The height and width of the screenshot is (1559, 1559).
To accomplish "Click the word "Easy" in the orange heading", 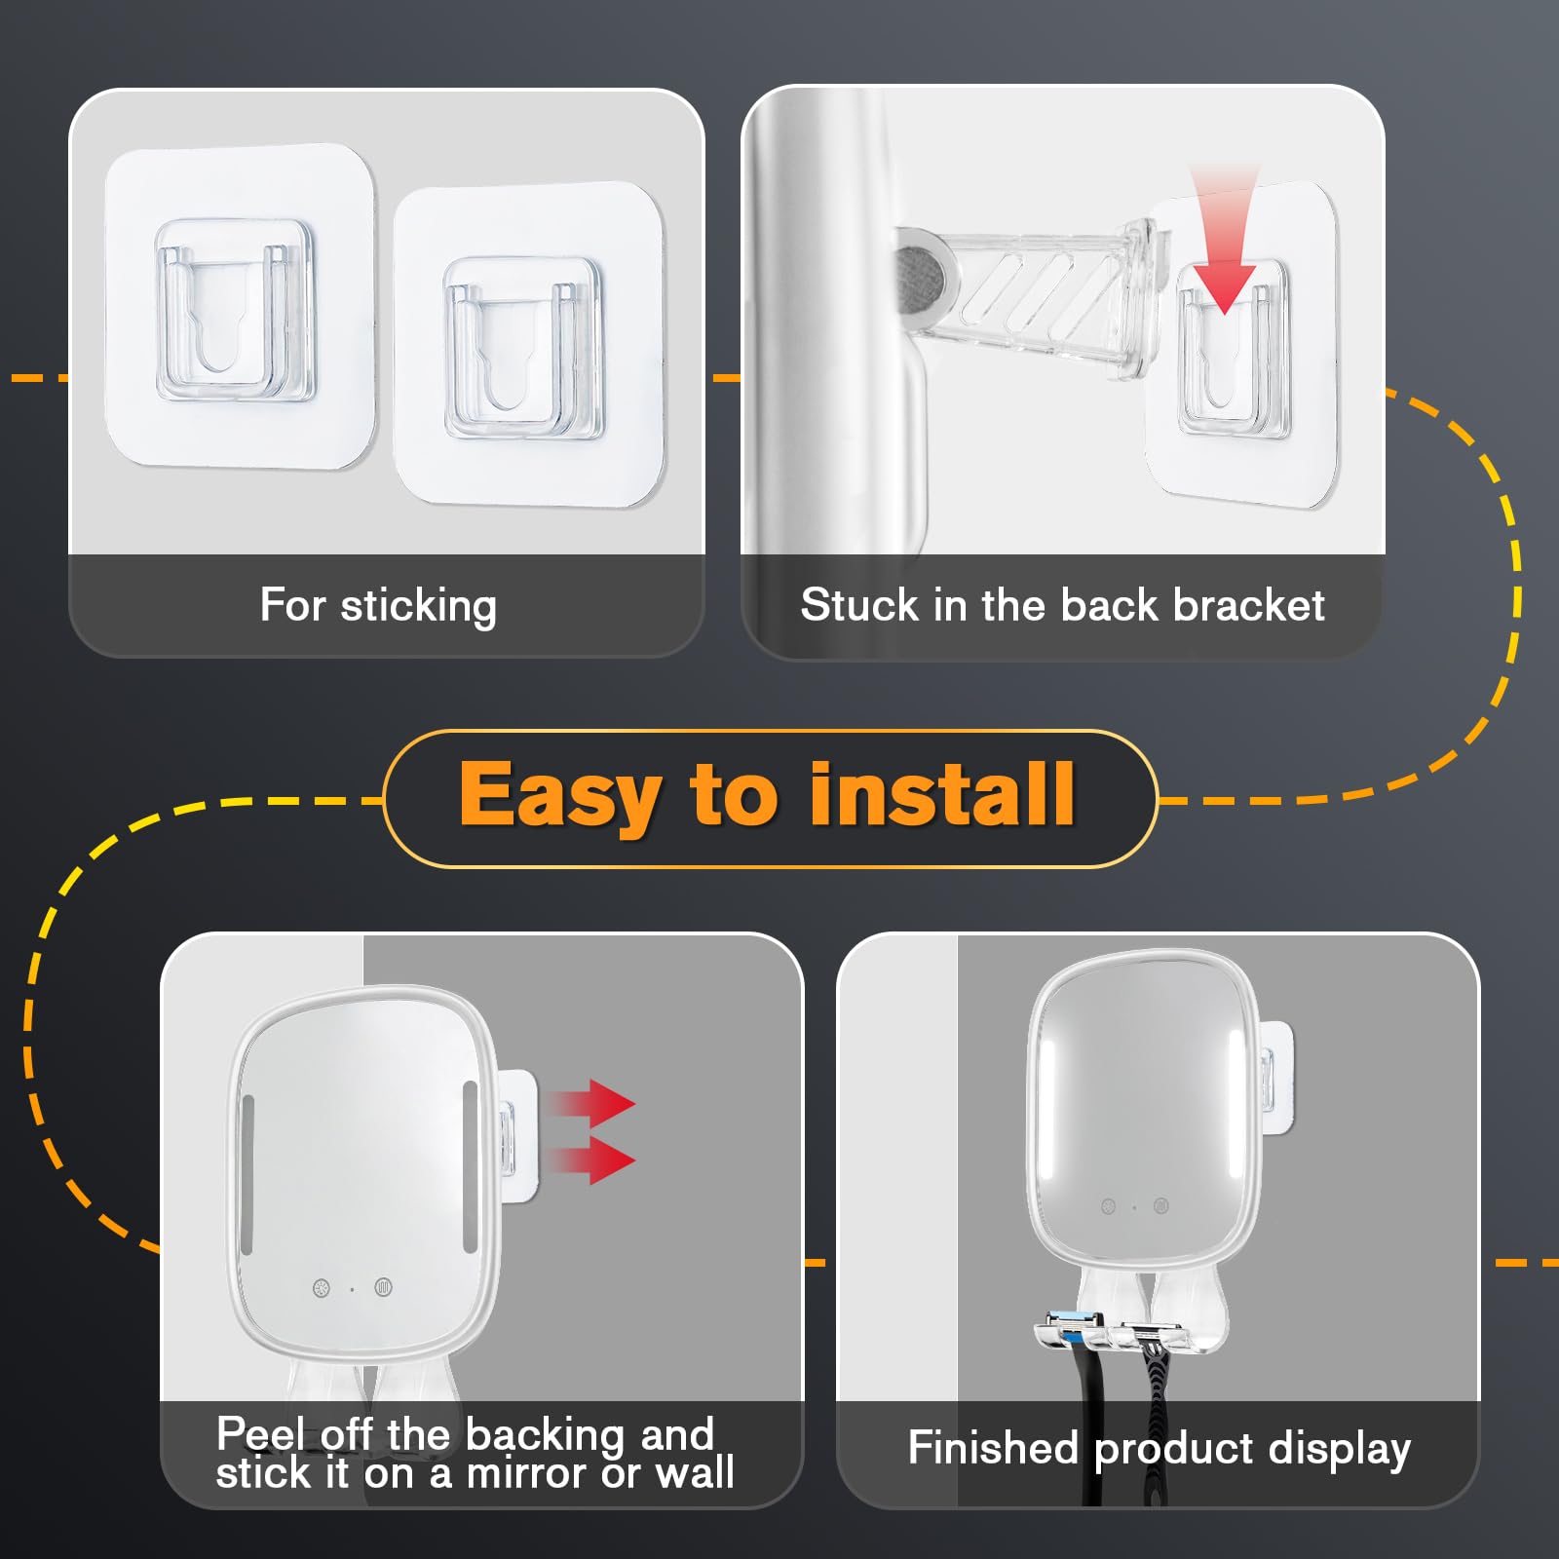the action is click(x=559, y=797).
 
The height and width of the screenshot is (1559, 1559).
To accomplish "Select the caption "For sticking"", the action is click(x=378, y=606).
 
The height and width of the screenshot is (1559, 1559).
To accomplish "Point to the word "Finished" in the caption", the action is click(x=993, y=1447).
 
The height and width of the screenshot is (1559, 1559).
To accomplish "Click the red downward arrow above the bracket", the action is click(x=1225, y=239).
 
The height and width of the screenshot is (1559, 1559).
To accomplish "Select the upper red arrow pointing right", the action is click(x=592, y=1104).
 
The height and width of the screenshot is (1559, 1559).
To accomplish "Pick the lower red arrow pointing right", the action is click(x=592, y=1160).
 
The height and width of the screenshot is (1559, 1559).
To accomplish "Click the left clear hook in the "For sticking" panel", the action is click(x=235, y=311).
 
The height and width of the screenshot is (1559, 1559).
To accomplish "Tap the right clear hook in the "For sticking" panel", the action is click(x=523, y=349).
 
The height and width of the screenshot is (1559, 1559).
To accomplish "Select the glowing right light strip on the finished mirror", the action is click(x=1235, y=1091).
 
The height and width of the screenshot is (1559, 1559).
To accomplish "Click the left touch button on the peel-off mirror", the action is click(x=322, y=1289).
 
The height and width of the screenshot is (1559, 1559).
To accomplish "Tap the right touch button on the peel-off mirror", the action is click(x=383, y=1288).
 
